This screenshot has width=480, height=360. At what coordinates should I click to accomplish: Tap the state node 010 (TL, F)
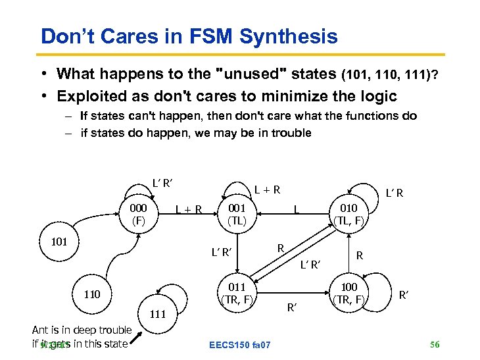(x=348, y=215)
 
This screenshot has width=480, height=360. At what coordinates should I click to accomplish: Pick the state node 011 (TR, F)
(x=237, y=293)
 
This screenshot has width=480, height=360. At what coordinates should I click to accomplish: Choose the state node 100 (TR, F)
(x=348, y=294)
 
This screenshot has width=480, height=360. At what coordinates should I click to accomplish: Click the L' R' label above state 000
(x=162, y=182)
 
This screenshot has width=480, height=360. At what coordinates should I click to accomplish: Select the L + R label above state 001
(x=268, y=190)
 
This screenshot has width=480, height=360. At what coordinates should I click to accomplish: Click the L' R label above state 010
(x=395, y=193)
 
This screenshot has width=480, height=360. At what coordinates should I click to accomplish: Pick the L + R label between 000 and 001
(x=188, y=210)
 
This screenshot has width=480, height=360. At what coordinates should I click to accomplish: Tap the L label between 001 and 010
(x=297, y=210)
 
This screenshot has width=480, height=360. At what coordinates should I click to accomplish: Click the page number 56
(x=434, y=344)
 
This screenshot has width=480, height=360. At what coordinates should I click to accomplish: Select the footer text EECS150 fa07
(x=239, y=345)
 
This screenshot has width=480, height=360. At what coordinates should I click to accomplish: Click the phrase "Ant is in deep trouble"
(x=82, y=330)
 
